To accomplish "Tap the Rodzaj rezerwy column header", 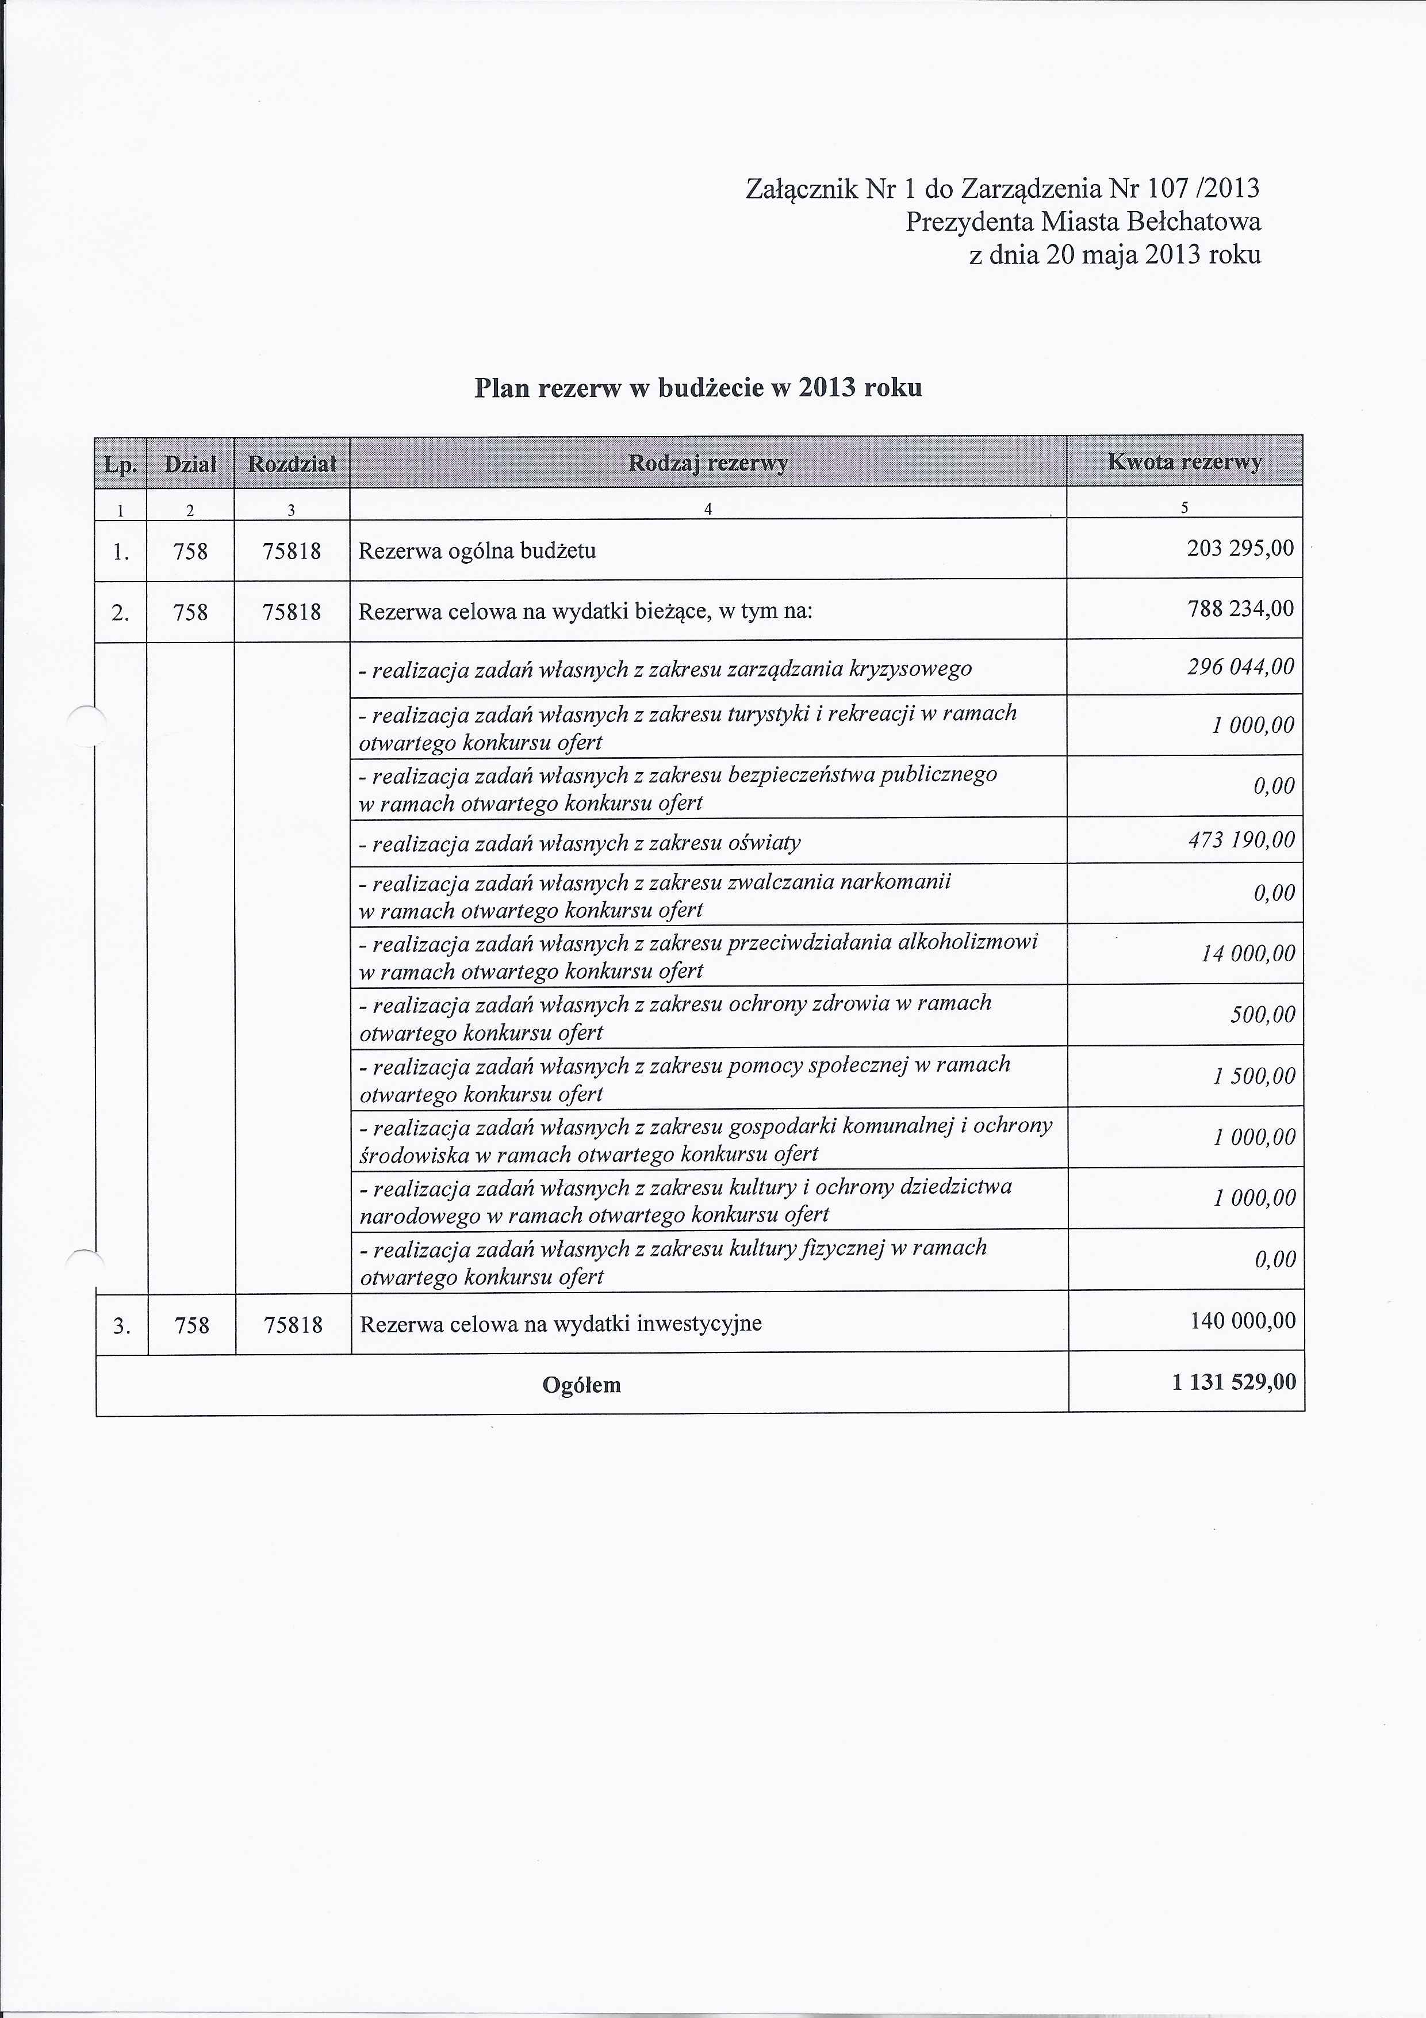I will [707, 463].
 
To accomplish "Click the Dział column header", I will [191, 463].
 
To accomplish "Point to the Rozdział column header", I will [292, 463].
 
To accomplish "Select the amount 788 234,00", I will [1240, 609].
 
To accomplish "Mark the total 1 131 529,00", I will [1233, 1382].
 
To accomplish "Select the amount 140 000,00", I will [1243, 1321].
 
